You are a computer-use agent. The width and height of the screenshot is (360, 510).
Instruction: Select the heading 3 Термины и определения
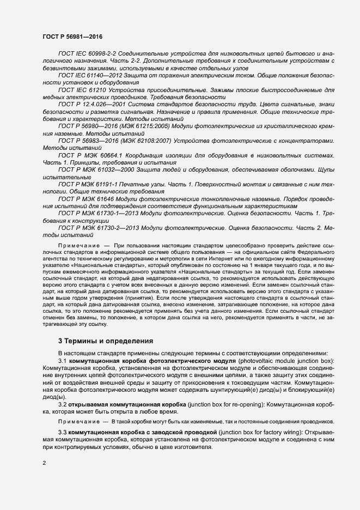106,341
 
